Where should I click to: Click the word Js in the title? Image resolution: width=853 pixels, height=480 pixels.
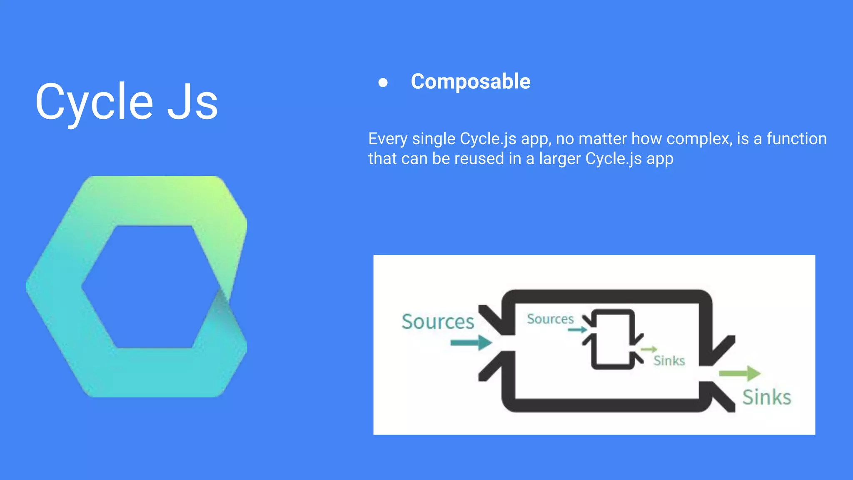click(192, 102)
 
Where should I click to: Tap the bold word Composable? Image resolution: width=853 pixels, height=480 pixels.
click(470, 81)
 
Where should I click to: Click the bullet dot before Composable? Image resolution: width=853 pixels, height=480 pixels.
click(383, 82)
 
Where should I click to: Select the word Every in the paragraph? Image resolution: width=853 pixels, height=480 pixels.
click(387, 139)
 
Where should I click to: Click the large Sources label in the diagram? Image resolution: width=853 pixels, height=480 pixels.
click(438, 322)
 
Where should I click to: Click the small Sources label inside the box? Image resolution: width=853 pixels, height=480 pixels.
click(550, 319)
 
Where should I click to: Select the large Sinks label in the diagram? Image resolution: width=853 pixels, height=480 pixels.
click(766, 397)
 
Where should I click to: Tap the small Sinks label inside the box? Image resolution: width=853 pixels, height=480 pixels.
click(669, 360)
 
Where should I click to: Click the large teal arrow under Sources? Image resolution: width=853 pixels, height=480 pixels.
click(471, 342)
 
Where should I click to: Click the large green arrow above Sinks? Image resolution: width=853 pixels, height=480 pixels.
click(740, 373)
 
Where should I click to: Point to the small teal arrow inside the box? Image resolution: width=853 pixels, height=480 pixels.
click(577, 330)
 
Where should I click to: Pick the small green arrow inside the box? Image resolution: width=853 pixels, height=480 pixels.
click(649, 349)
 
